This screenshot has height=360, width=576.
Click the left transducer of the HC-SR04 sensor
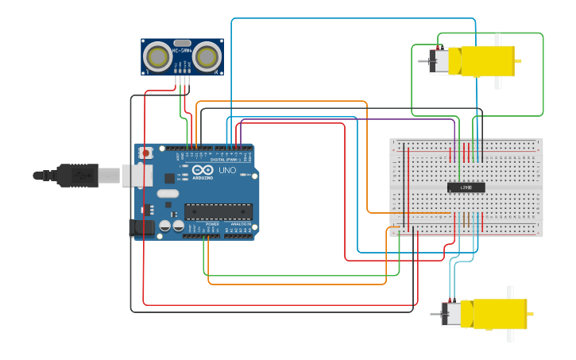(158, 56)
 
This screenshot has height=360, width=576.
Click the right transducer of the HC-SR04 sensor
(207, 56)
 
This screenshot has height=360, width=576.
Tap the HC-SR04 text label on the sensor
(182, 51)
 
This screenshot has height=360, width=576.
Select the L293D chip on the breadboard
(466, 188)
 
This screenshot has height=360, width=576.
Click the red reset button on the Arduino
(145, 153)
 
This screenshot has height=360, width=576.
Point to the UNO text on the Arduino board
(227, 170)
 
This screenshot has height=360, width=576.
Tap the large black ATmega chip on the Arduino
(218, 211)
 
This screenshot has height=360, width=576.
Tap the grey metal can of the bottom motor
(450, 314)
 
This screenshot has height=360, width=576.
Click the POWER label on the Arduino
(213, 224)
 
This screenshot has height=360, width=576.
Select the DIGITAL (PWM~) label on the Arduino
(226, 160)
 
